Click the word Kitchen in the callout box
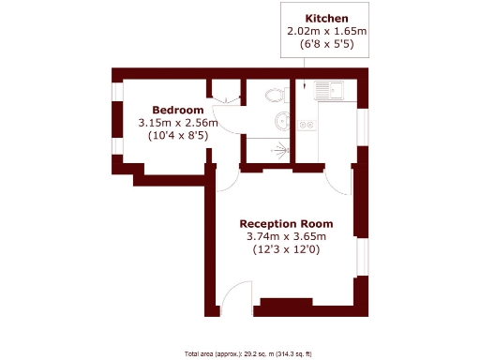click(x=326, y=18)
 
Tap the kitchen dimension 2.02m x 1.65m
click(x=326, y=31)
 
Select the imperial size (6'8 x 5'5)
click(x=326, y=44)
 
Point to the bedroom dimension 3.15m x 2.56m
click(x=178, y=123)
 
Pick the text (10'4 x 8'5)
click(x=178, y=136)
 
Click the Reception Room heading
click(x=287, y=224)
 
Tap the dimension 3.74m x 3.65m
click(x=287, y=237)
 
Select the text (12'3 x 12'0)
click(x=287, y=250)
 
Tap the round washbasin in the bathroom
click(x=282, y=121)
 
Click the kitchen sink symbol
click(x=329, y=90)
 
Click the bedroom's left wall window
click(x=116, y=120)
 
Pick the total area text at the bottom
click(x=248, y=353)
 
